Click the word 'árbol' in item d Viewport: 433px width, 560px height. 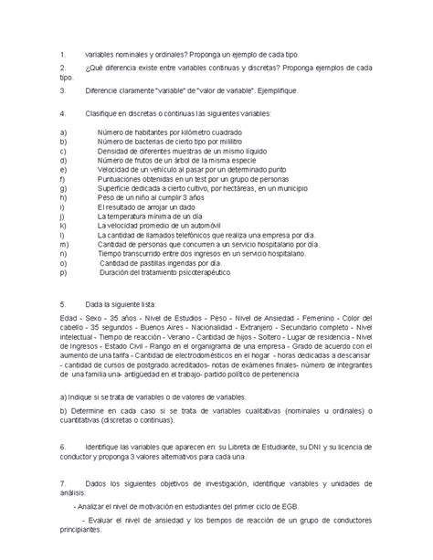click(183, 161)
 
